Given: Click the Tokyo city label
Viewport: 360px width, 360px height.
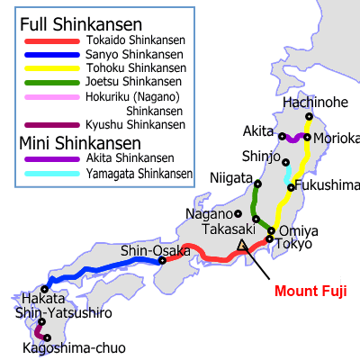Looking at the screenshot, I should tap(293, 244).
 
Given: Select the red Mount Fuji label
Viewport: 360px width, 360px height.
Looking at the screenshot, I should tap(309, 291).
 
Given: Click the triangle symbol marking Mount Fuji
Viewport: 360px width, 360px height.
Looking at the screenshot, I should tap(241, 244).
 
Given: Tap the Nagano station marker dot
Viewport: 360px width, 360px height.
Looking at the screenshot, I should tap(238, 213).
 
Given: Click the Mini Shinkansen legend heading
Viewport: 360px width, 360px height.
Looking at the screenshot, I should tap(78, 142).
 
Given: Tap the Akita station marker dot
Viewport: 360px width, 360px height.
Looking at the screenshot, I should tap(282, 138).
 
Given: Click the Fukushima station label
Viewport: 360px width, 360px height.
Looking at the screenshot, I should tap(327, 185).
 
